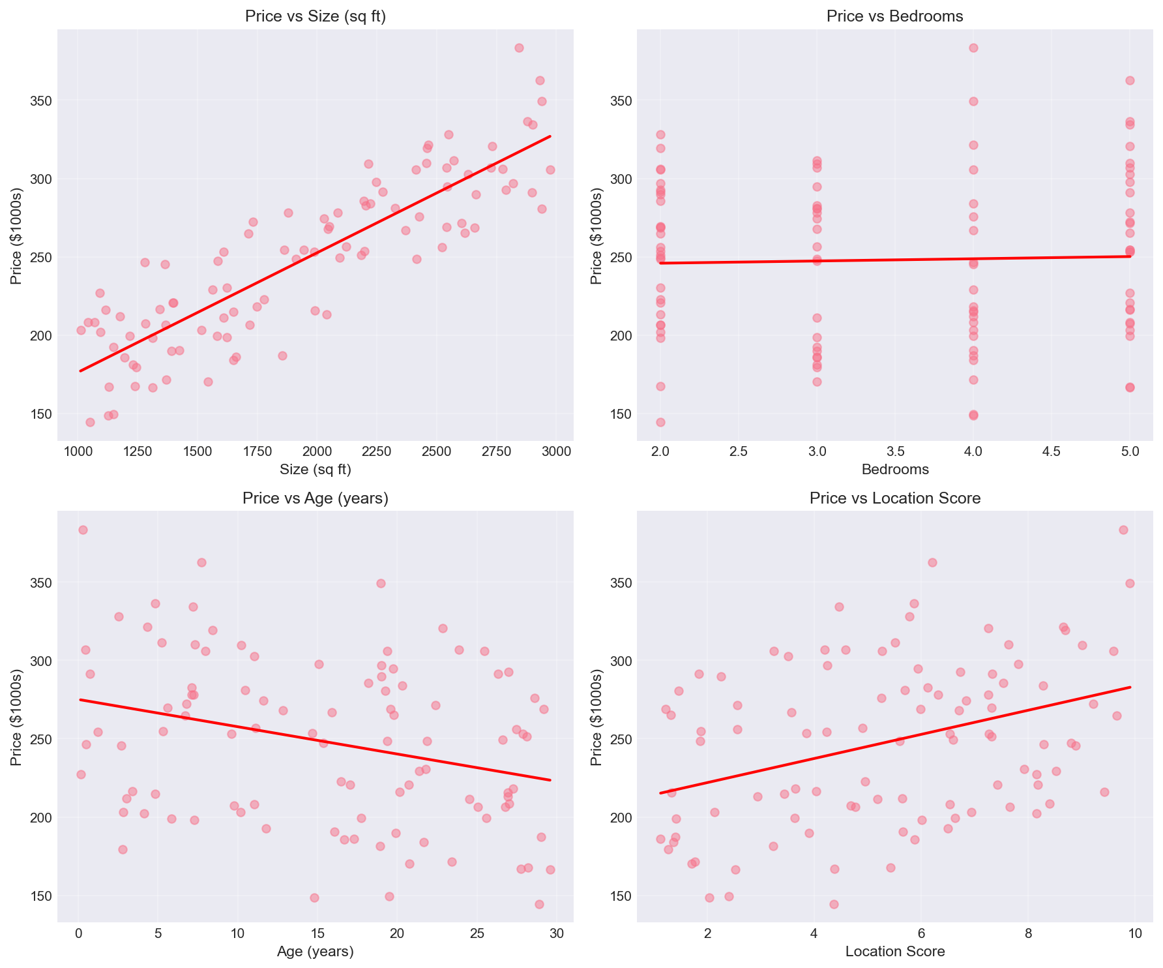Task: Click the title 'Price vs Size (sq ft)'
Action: (316, 17)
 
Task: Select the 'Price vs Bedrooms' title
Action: (894, 17)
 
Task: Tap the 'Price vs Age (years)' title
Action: (316, 499)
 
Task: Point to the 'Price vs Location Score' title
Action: (894, 499)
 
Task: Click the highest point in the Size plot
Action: (519, 48)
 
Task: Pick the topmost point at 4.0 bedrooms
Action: (973, 48)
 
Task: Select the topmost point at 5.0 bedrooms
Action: (1130, 80)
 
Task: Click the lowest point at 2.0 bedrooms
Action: (660, 422)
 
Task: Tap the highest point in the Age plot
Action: (83, 530)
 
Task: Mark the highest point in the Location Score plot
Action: (1123, 530)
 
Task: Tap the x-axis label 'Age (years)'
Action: (316, 952)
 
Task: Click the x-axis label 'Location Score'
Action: (894, 952)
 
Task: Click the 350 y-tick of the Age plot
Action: (40, 583)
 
